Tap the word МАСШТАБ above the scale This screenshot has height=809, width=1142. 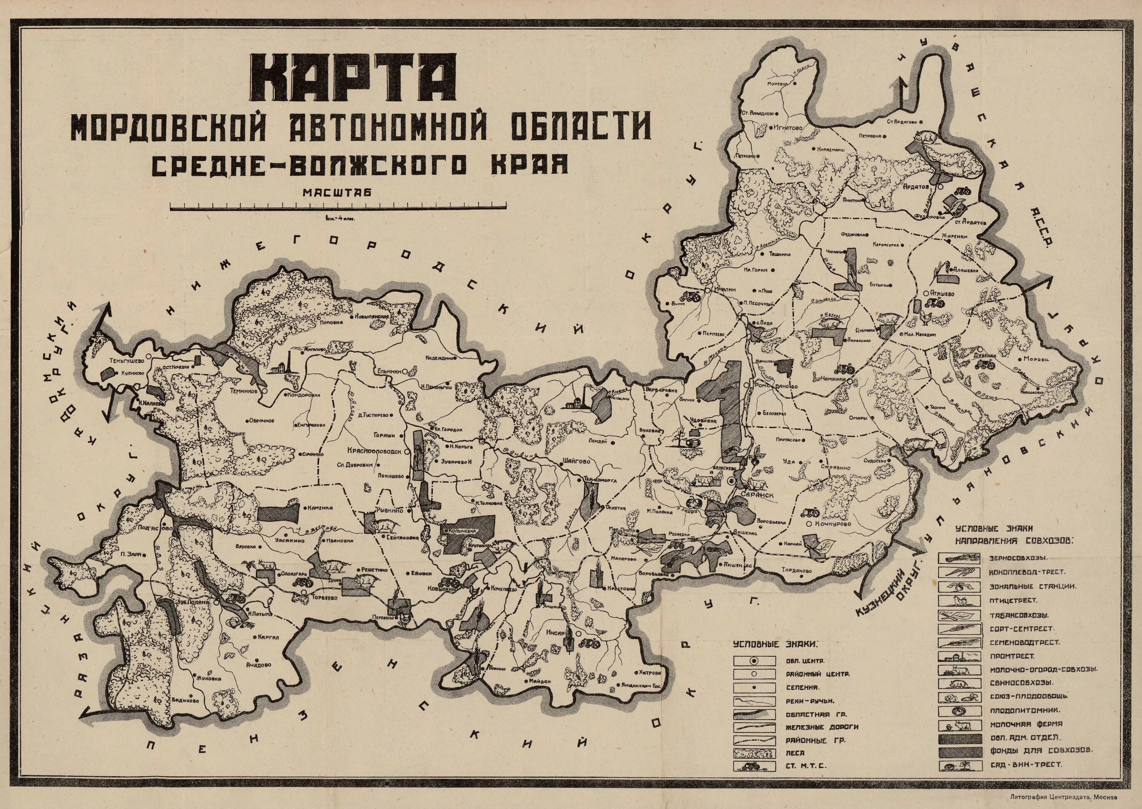click(337, 193)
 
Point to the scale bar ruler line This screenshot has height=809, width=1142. click(338, 206)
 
